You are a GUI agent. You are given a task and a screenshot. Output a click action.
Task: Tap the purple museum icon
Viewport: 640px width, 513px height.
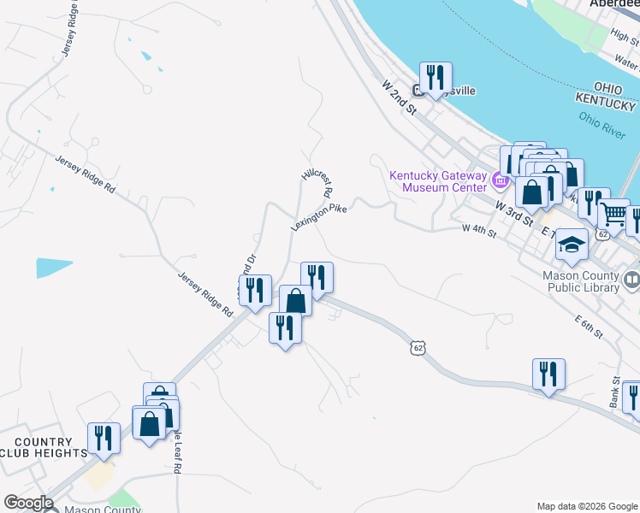tap(501, 180)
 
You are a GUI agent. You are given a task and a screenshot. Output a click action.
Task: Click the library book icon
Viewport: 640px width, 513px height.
tap(631, 279)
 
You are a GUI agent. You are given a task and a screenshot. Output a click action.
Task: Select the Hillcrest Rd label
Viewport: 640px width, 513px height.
tap(316, 183)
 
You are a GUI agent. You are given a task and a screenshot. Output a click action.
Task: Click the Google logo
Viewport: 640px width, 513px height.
tap(28, 503)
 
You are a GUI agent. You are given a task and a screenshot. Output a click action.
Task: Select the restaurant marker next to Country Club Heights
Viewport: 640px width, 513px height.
tap(104, 438)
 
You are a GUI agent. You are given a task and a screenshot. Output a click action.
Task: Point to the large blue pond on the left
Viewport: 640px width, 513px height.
tap(54, 268)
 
